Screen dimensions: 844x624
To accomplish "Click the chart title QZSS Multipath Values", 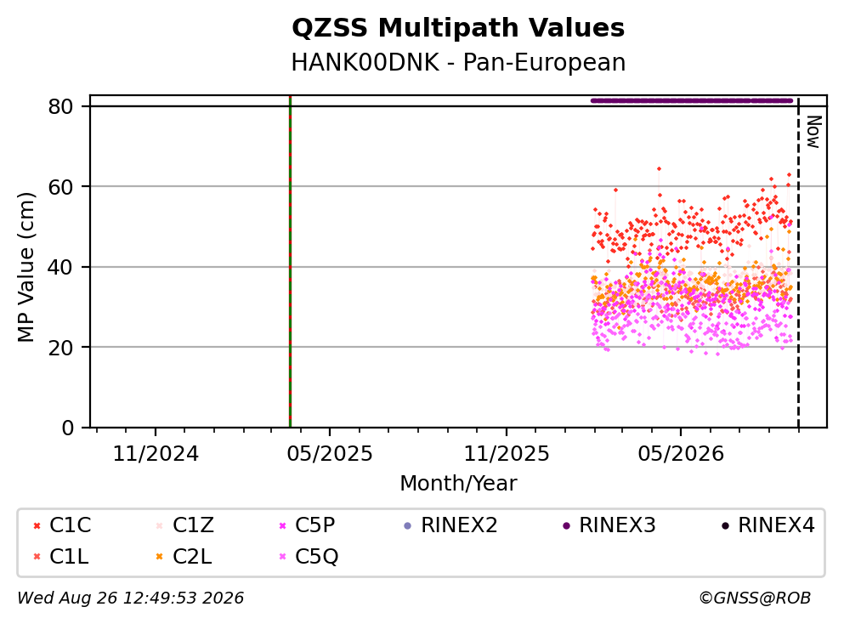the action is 458,28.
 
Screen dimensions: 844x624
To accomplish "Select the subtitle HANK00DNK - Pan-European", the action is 458,62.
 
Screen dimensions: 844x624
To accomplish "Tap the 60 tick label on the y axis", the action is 60,187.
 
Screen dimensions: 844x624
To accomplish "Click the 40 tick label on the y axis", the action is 60,267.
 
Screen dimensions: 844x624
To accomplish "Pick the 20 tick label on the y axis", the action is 60,347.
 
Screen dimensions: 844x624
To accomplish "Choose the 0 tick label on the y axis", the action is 67,428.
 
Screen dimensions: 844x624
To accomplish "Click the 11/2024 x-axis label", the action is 156,454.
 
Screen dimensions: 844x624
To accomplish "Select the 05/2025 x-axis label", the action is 330,454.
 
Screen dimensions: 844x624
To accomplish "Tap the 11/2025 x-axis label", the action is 507,454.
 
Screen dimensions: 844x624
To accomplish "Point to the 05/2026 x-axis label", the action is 681,454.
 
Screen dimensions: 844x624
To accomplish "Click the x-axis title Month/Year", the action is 458,484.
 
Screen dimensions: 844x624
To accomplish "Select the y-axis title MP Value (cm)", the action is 25,267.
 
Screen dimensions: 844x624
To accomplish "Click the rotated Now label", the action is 813,132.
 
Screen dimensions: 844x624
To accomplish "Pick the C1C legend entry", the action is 62,525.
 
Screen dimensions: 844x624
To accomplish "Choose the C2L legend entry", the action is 184,557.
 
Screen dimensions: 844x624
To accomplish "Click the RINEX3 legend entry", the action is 609,525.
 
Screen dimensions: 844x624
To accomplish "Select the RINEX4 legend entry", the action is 768,525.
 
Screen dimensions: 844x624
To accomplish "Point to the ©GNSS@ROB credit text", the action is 755,598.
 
